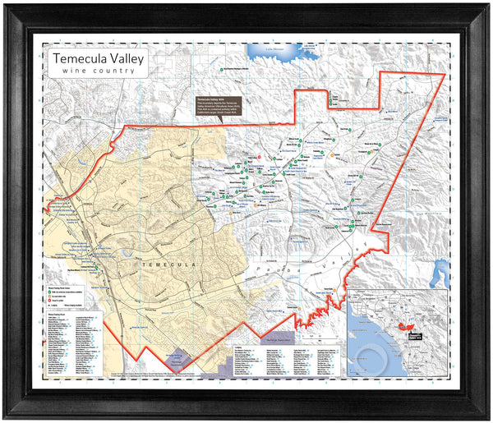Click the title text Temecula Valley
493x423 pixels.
click(98, 59)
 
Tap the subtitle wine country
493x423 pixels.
click(98, 71)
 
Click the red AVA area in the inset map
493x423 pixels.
click(405, 325)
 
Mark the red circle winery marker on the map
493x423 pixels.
click(260, 155)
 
